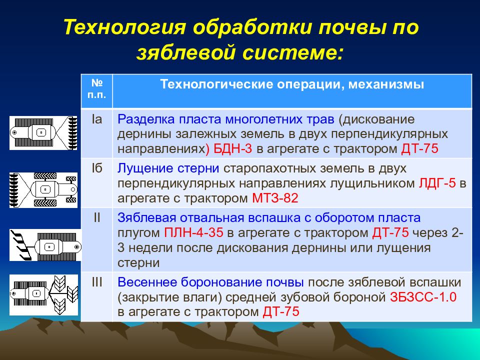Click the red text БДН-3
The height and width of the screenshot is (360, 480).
click(x=232, y=149)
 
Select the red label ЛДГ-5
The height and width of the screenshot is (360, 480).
click(x=437, y=183)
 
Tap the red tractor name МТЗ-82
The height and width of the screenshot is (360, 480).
click(x=275, y=198)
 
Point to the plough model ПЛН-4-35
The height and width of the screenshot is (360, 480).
click(x=193, y=232)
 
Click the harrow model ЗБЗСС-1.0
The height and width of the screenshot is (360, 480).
click(x=423, y=297)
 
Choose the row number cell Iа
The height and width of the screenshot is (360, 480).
click(x=96, y=119)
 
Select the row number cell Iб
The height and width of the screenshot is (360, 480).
click(x=96, y=168)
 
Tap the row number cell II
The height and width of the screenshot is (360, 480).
click(x=96, y=217)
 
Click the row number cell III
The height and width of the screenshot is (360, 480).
click(x=96, y=282)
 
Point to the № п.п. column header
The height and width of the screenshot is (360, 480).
click(x=96, y=89)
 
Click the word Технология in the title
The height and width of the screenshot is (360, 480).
click(x=124, y=27)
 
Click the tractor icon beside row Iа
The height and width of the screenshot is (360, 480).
click(x=43, y=133)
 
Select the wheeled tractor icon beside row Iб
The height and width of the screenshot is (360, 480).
click(x=43, y=190)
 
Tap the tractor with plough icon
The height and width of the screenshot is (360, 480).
click(x=45, y=245)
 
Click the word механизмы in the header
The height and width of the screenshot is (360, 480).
click(x=386, y=84)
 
